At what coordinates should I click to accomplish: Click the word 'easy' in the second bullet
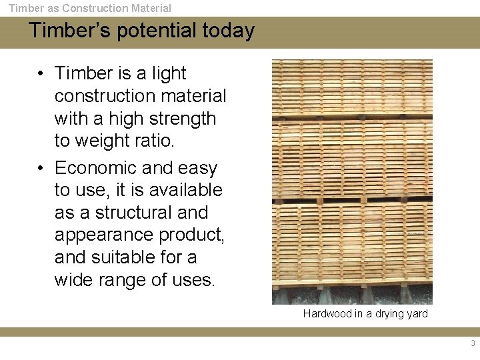pyautogui.click(x=197, y=167)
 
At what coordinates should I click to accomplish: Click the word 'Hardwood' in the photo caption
pyautogui.click(x=327, y=313)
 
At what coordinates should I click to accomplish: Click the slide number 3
pyautogui.click(x=473, y=343)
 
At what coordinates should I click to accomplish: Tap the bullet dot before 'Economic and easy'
pyautogui.click(x=41, y=168)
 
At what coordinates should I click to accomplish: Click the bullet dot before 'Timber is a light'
pyautogui.click(x=41, y=74)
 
